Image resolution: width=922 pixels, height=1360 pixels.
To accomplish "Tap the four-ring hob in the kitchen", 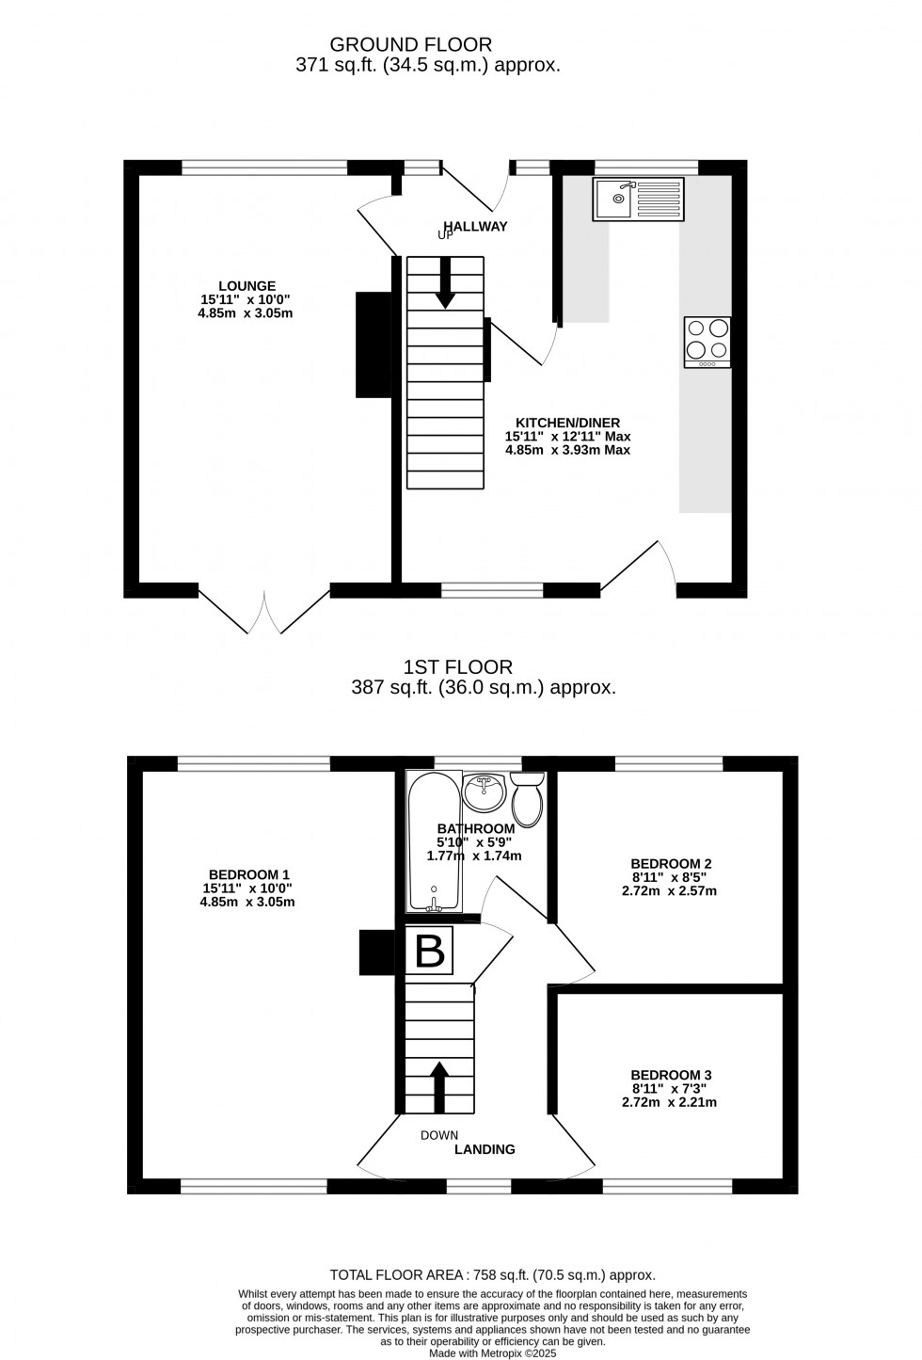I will (x=707, y=342).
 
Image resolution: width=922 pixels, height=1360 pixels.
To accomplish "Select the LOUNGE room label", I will (x=246, y=286).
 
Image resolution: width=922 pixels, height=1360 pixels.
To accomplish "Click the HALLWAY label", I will (x=476, y=226).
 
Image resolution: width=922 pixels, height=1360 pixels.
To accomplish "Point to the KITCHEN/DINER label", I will (x=567, y=424).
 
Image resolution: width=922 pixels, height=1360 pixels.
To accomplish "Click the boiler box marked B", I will (x=429, y=951).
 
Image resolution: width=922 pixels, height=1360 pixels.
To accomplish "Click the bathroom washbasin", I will (x=485, y=791).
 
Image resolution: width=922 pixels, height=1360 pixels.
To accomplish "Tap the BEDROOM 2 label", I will (x=670, y=864).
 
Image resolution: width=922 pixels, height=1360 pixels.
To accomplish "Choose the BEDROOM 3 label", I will (x=670, y=1076).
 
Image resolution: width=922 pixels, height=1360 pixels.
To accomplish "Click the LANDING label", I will (x=485, y=1149).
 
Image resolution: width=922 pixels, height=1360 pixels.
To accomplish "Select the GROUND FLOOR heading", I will (x=410, y=44).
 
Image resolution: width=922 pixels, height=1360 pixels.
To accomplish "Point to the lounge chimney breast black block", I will (x=374, y=344).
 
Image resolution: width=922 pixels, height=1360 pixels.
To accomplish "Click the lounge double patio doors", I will (x=264, y=612).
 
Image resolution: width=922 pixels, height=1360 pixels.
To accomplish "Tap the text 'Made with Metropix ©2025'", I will (x=492, y=1352).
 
